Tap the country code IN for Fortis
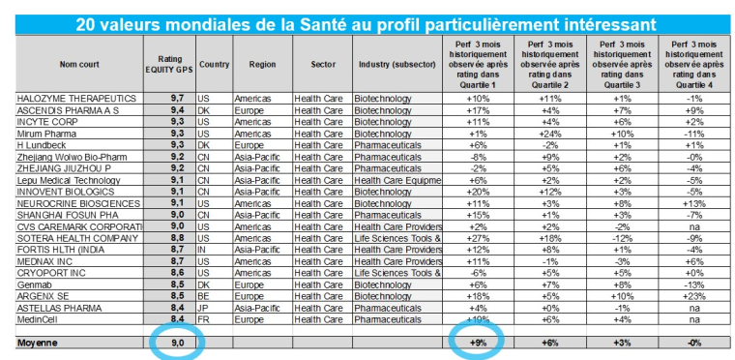tap(204, 249)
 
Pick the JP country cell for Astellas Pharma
tap(204, 308)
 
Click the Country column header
tap(214, 64)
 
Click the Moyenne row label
tap(38, 343)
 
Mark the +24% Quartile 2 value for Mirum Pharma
tap(550, 134)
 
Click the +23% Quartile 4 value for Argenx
tap(692, 296)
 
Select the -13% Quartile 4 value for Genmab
tap(692, 285)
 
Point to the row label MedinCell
tap(41, 319)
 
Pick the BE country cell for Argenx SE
tap(204, 296)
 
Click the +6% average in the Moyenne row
tap(550, 343)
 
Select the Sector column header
tap(323, 64)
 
